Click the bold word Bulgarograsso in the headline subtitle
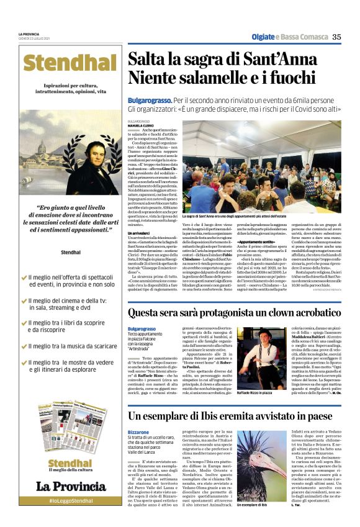click(x=149, y=100)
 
